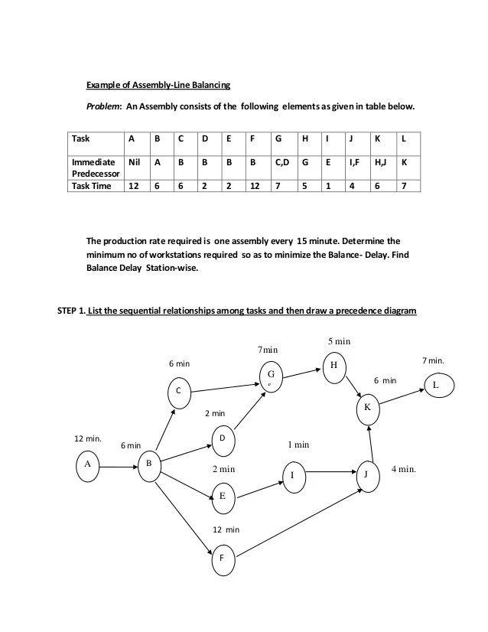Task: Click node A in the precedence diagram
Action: pos(89,464)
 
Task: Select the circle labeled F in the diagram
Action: pos(223,559)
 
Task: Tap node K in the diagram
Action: pos(367,408)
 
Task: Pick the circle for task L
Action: pos(435,385)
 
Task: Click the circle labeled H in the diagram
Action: pos(333,365)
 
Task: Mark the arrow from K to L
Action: pos(402,396)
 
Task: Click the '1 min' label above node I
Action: pos(298,444)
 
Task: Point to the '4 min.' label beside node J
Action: pos(404,468)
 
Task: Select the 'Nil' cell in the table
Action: pos(135,162)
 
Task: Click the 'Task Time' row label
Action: pos(93,186)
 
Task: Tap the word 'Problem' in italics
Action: pos(102,107)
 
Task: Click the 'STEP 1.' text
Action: pos(70,310)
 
